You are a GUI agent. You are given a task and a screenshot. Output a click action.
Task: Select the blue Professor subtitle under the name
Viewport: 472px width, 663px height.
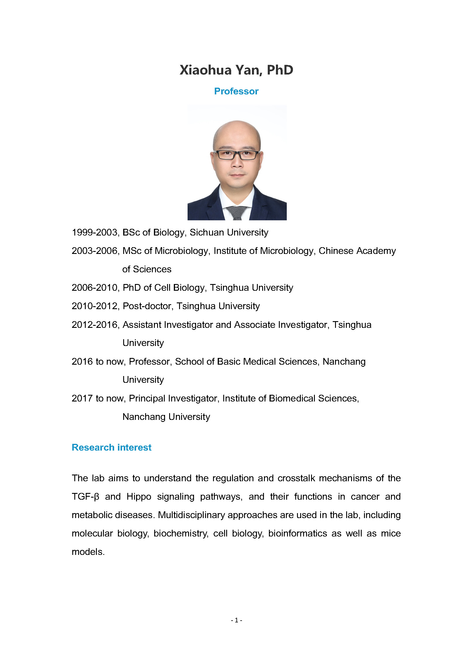236,91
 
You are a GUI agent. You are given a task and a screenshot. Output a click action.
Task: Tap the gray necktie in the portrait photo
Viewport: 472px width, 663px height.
236,212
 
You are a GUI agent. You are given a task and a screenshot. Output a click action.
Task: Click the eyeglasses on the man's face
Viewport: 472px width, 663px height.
237,155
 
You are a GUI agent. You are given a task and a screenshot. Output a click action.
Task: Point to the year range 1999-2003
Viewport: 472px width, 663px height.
95,233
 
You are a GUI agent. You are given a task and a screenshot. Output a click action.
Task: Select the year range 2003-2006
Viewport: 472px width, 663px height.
95,251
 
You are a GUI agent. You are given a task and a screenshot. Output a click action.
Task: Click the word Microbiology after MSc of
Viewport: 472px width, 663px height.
181,251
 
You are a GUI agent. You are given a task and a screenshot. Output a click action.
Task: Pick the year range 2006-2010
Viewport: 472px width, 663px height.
95,288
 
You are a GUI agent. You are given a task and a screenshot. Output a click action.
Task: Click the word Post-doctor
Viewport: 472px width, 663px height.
147,306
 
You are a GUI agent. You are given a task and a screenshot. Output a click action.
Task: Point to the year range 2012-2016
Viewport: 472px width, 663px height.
95,325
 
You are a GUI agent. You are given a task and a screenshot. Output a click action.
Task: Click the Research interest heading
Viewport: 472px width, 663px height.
111,448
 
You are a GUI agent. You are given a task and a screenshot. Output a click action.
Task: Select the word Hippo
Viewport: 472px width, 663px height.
139,497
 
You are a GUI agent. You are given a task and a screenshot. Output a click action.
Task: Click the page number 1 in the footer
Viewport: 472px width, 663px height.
236,620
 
